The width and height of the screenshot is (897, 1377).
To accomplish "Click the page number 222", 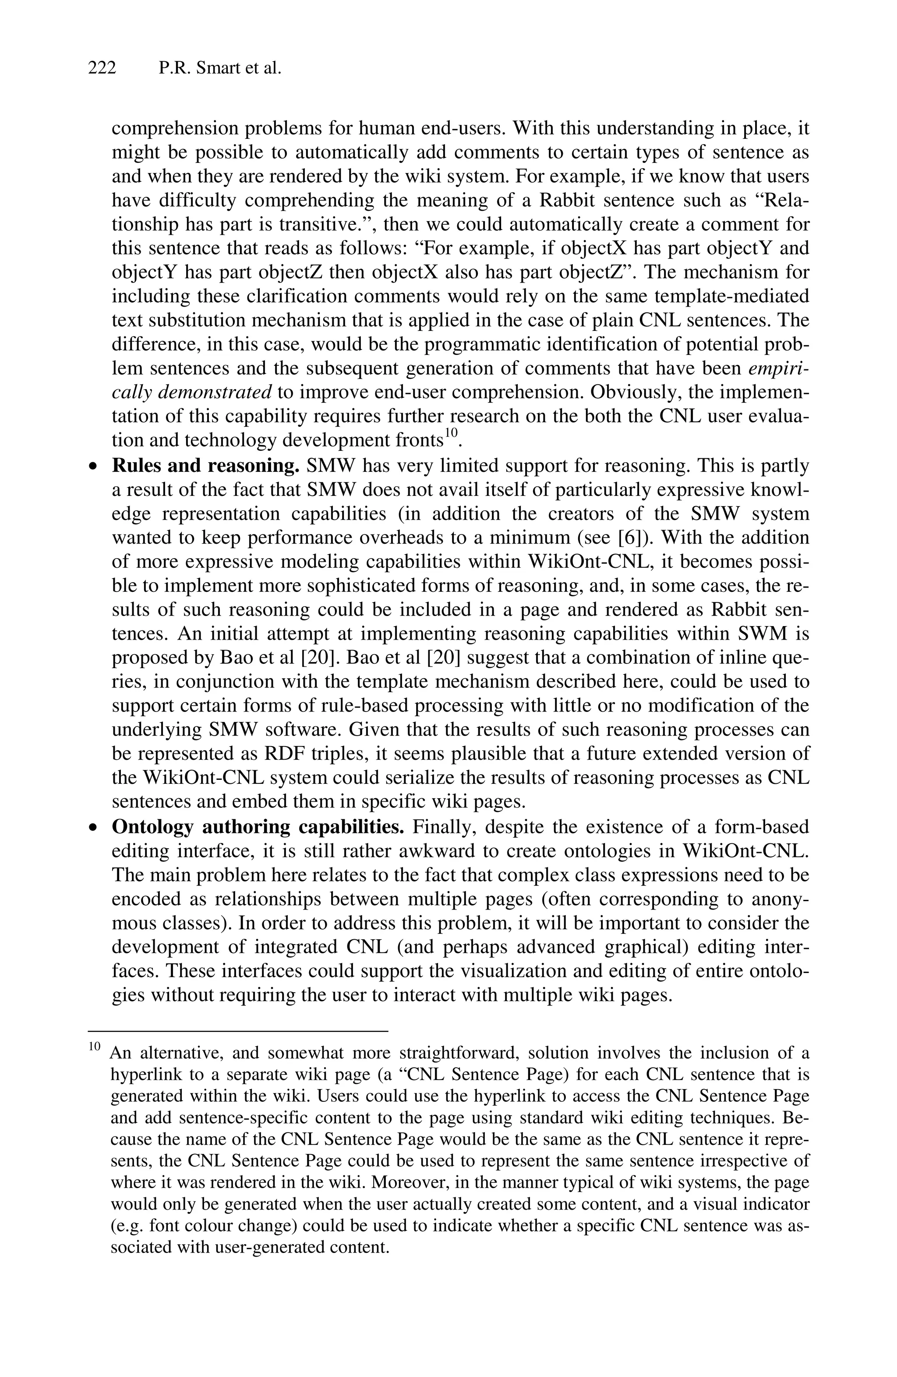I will pyautogui.click(x=102, y=68).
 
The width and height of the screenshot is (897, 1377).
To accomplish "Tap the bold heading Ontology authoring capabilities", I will pyautogui.click(x=258, y=826).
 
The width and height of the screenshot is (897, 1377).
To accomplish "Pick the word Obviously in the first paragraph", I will pyautogui.click(x=632, y=392).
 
